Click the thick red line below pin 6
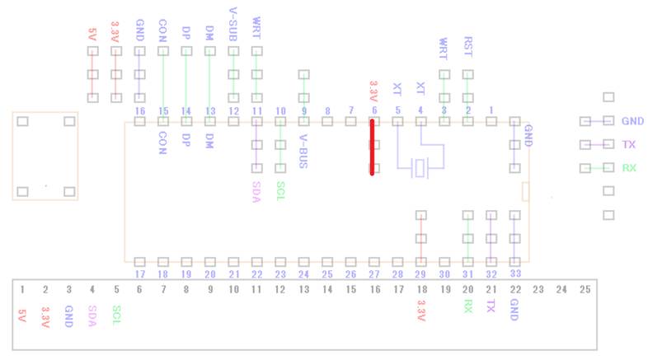point(373,148)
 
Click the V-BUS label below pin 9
point(303,152)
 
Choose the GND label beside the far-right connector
point(633,121)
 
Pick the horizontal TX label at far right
point(629,145)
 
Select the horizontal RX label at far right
point(629,168)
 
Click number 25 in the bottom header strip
point(585,290)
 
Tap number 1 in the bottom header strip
point(22,290)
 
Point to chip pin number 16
point(140,110)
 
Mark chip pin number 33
point(515,273)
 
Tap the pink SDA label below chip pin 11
point(256,190)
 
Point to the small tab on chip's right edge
point(525,192)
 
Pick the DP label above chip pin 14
point(186,34)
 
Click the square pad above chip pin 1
point(491,121)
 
